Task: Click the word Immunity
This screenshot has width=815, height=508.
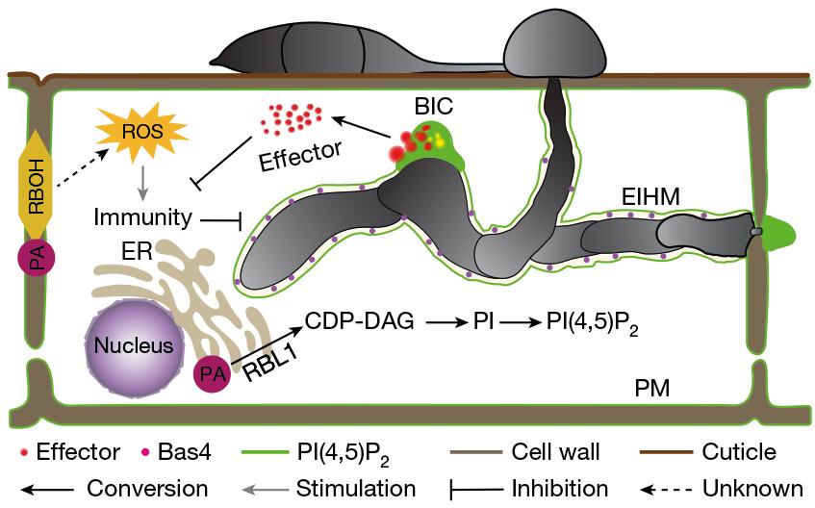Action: [143, 218]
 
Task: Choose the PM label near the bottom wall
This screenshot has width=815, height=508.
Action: [652, 389]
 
